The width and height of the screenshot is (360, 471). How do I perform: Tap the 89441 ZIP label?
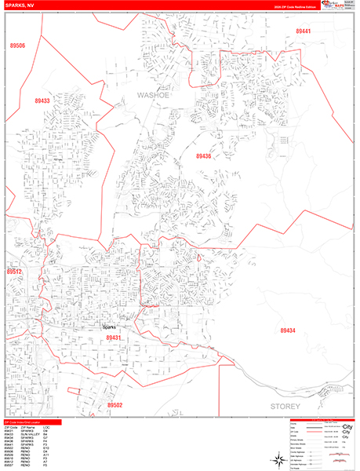[304, 31]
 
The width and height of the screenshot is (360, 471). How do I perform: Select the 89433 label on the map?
[42, 101]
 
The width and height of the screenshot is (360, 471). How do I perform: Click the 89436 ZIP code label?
[204, 156]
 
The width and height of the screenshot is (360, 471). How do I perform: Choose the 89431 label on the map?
[115, 337]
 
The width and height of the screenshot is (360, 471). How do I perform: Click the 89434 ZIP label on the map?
[289, 330]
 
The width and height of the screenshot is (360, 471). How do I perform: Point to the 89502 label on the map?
[115, 405]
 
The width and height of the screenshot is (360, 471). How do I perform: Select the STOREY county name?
[285, 407]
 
